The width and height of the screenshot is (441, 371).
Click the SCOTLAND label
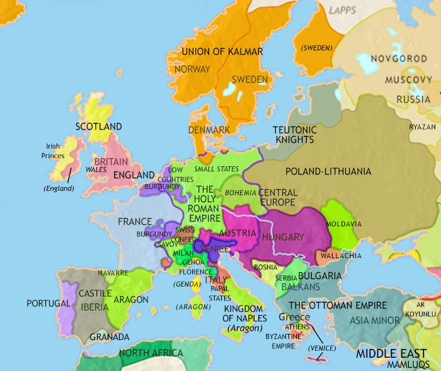point(98,127)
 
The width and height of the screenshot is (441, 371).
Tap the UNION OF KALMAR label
point(222,51)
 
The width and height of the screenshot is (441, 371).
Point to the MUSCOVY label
point(403,81)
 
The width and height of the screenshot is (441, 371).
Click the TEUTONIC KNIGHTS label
point(294,135)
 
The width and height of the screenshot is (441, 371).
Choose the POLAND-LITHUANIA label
point(328,171)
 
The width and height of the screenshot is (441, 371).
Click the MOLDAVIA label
point(344,224)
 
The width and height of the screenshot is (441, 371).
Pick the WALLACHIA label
point(341,256)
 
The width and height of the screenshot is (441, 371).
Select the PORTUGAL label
point(49,303)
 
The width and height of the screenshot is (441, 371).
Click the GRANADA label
point(110,336)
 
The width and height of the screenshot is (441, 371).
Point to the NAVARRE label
point(113,273)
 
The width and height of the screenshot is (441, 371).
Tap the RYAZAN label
point(421,127)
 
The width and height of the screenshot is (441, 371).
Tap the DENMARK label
point(209,130)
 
